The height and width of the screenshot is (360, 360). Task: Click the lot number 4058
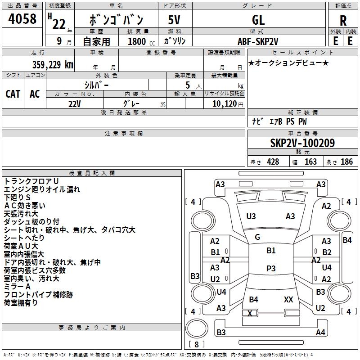[x=22, y=19]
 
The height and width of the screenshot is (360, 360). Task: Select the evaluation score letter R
[x=343, y=20]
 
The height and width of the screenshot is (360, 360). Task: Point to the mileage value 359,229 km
[x=53, y=64]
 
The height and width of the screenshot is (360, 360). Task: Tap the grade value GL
[x=258, y=20]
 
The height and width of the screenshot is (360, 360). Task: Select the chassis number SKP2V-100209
[x=302, y=143]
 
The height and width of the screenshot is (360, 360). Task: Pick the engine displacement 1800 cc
[x=138, y=41]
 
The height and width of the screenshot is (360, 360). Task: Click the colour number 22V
[x=74, y=103]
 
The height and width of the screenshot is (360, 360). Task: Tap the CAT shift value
[x=13, y=94]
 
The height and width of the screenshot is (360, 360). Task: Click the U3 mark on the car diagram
[x=251, y=216]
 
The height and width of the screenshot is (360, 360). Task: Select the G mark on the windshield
[x=257, y=237]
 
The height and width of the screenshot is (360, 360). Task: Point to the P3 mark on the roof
[x=271, y=268]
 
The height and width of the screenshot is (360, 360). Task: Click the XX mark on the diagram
[x=288, y=299]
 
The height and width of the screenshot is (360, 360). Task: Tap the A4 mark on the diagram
[x=320, y=333]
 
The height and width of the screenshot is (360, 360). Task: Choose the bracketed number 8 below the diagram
[x=196, y=345]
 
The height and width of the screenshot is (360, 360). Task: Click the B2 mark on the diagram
[x=327, y=252]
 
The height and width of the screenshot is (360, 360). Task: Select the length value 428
[x=273, y=162]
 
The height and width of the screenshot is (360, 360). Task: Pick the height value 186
[x=347, y=162]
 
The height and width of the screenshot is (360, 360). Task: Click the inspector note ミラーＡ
[x=17, y=287]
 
